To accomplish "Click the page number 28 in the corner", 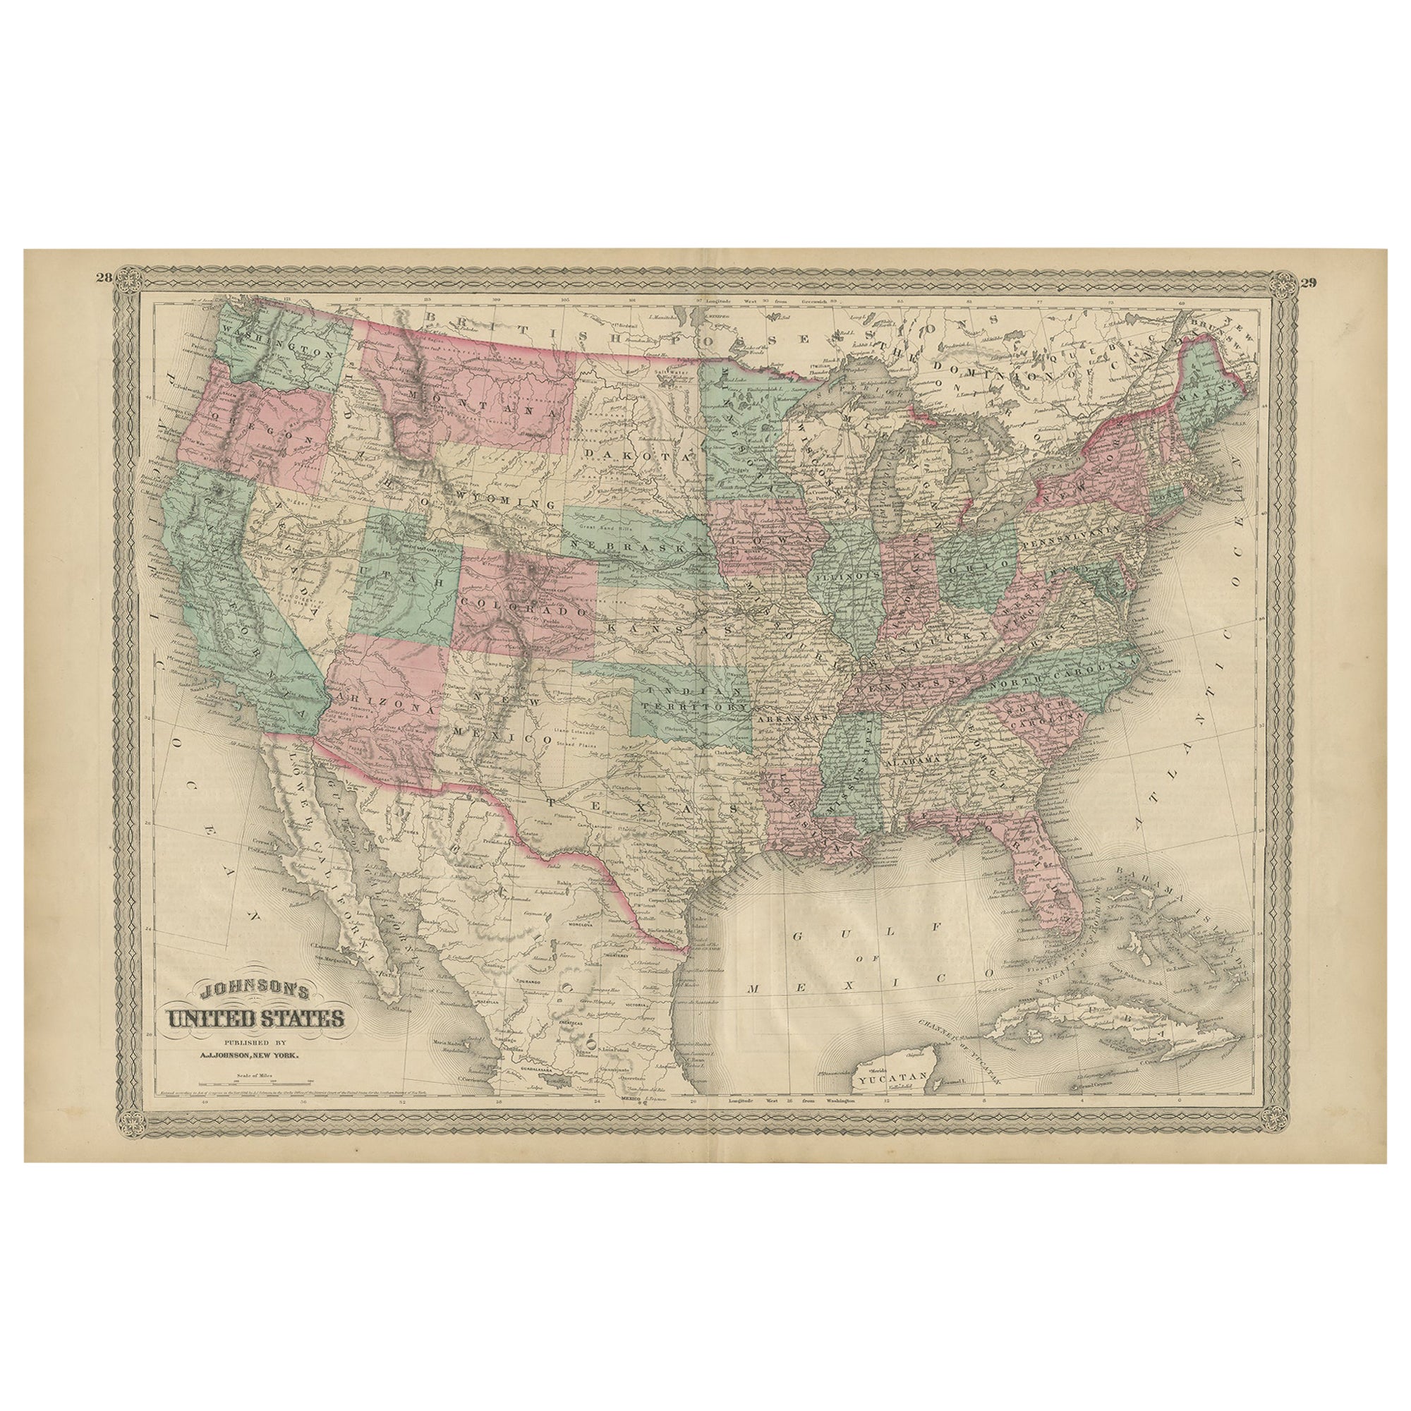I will pyautogui.click(x=102, y=276).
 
